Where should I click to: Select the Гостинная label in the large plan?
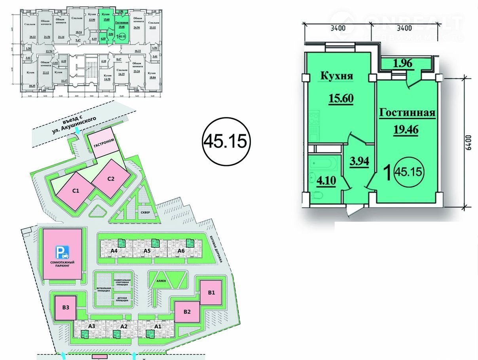coord(407,113)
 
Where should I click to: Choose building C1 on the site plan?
coord(75,190)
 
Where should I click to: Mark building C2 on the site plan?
coord(111,178)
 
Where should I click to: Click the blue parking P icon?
coord(63,251)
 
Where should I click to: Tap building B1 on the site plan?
coord(211,293)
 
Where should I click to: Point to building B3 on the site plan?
coord(65,308)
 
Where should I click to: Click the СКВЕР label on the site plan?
coord(144,212)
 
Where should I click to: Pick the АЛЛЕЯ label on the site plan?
coord(166,280)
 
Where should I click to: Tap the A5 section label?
coord(147,251)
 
